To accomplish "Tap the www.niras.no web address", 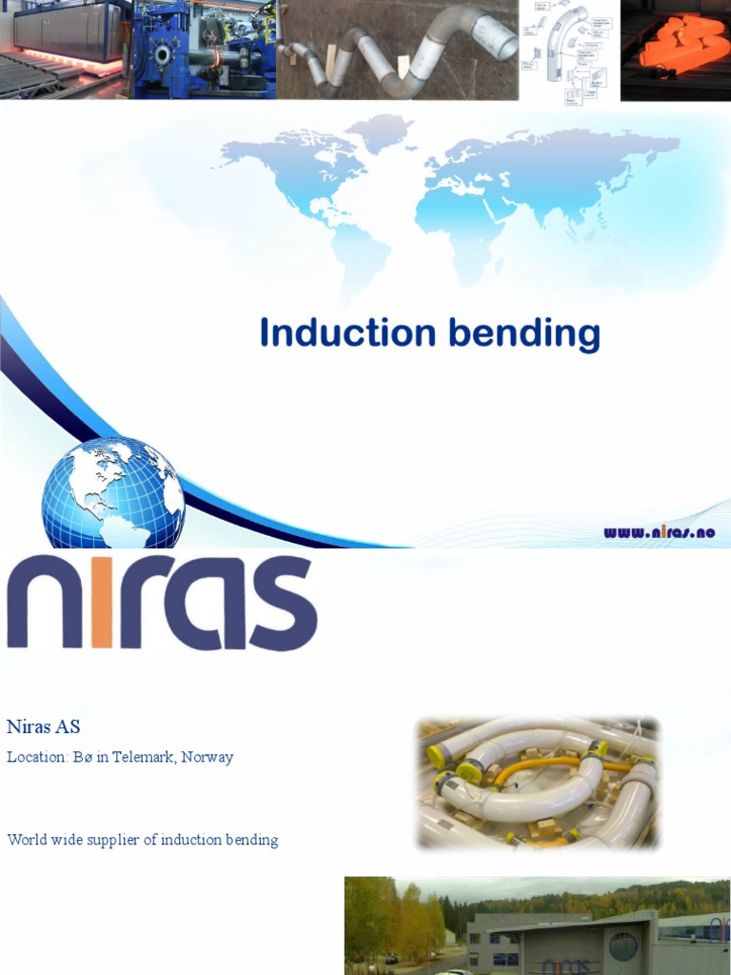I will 659,533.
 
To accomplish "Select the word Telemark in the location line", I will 141,758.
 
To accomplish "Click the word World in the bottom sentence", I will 27,840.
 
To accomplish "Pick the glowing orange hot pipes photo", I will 675,50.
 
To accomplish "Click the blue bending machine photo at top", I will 205,50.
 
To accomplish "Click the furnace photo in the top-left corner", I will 66,50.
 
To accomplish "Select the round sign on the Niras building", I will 622,946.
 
